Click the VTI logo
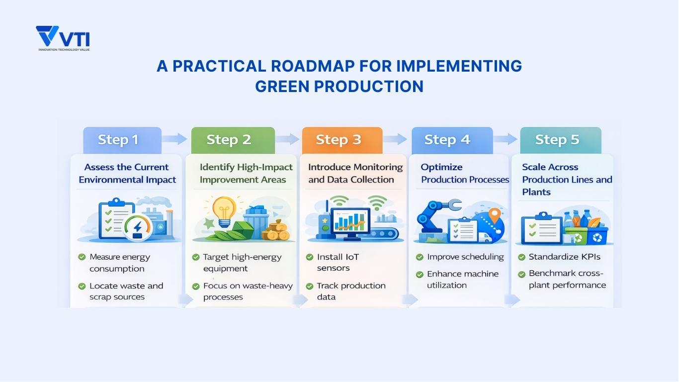pos(63,38)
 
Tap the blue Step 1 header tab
pos(122,140)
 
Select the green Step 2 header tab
pos(232,140)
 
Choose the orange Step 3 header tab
pos(341,140)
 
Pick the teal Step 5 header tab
pos(560,140)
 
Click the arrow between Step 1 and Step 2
pos(175,139)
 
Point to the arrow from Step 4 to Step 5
pos(506,139)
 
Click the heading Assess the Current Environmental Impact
pos(127,173)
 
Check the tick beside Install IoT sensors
pos(309,257)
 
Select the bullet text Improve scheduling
pos(465,257)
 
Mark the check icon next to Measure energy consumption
pos(82,257)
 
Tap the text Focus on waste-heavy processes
pos(248,291)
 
